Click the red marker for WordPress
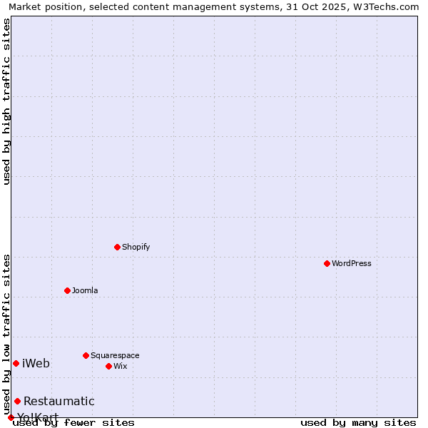click(327, 263)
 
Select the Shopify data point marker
click(118, 247)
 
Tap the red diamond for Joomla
click(68, 290)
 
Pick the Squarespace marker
click(86, 355)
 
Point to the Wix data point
click(109, 366)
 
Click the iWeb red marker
click(16, 363)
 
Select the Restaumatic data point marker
click(18, 401)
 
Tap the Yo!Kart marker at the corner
click(11, 417)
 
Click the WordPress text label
click(352, 263)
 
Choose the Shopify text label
click(136, 247)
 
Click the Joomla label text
click(85, 290)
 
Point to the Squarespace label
click(115, 355)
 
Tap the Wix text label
click(120, 366)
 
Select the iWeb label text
click(36, 364)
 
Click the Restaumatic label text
click(58, 402)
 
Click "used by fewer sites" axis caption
click(73, 423)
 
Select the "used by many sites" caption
click(358, 423)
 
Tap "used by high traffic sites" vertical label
click(7, 101)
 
